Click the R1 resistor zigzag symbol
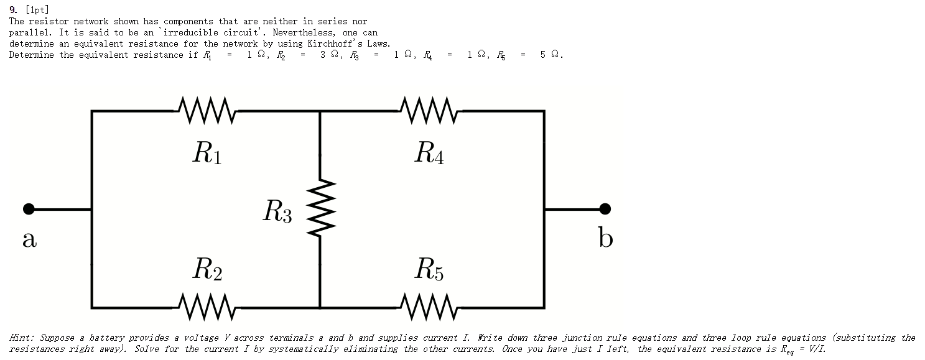(207, 110)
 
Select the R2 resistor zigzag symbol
(207, 307)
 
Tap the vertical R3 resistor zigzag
(320, 208)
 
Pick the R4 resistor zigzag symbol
(429, 110)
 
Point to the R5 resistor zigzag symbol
(429, 307)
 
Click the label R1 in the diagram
(207, 153)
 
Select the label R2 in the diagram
(207, 270)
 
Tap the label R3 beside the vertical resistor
(277, 211)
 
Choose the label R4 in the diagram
(429, 153)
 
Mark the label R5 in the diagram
(429, 270)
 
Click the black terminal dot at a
(29, 209)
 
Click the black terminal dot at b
(605, 209)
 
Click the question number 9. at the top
(13, 10)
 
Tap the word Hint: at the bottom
(22, 338)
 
